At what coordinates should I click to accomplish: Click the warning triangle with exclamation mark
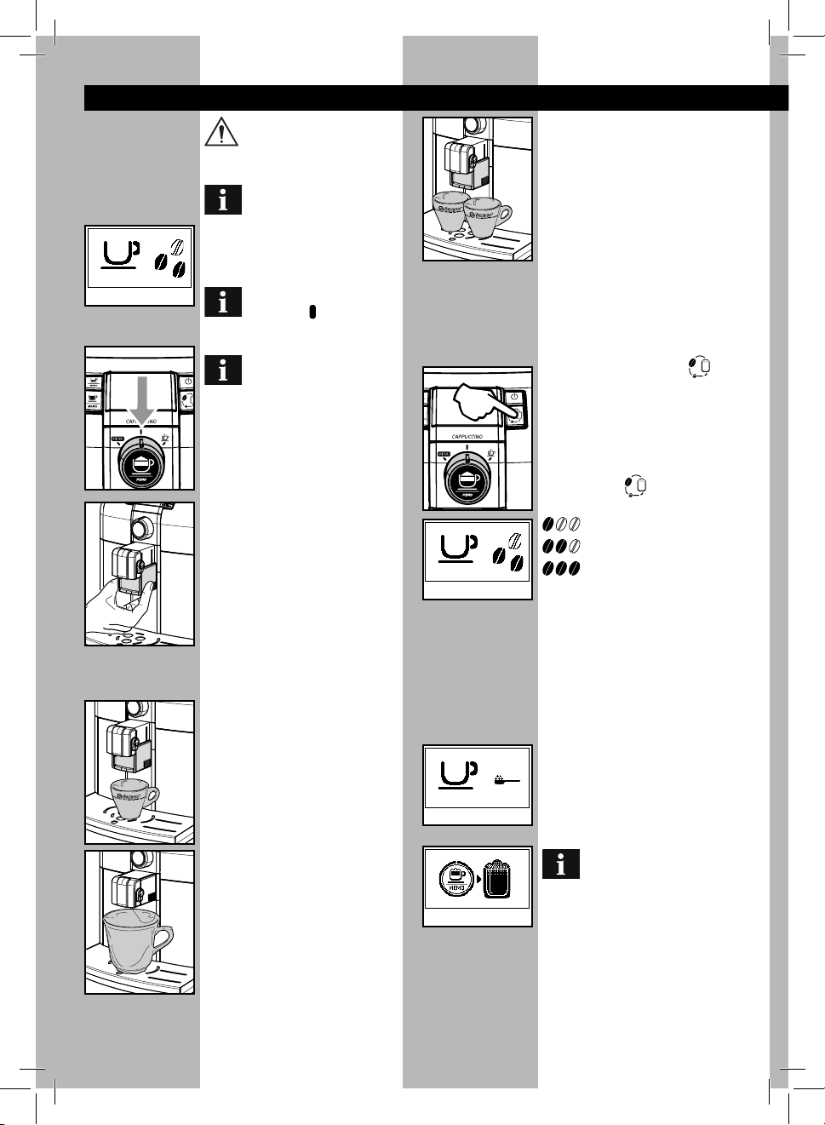point(221,131)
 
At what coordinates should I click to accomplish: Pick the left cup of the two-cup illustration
point(451,212)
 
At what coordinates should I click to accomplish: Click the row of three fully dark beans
point(562,567)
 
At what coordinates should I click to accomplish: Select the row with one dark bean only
point(562,523)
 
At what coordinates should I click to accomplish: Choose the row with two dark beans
point(562,545)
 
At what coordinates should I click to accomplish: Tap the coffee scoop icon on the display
point(506,778)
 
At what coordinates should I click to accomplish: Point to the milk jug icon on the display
point(496,879)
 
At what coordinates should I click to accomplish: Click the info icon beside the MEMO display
point(560,864)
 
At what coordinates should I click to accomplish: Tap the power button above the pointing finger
point(513,397)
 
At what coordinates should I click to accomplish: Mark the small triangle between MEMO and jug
point(478,878)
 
